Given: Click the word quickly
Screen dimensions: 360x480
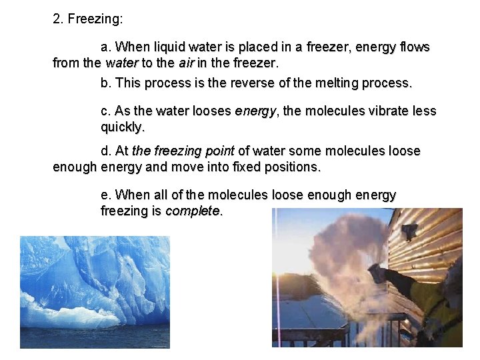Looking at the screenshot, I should pos(122,127).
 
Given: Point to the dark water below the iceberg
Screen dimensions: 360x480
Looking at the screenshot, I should pos(93,337).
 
